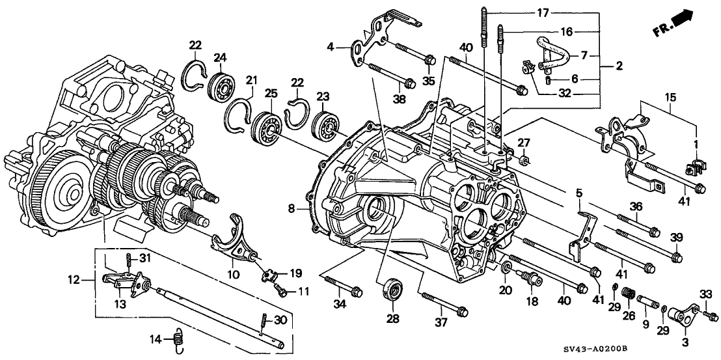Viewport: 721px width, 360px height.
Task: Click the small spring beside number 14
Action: pyautogui.click(x=178, y=337)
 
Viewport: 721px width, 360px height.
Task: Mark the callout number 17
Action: pyautogui.click(x=543, y=12)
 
